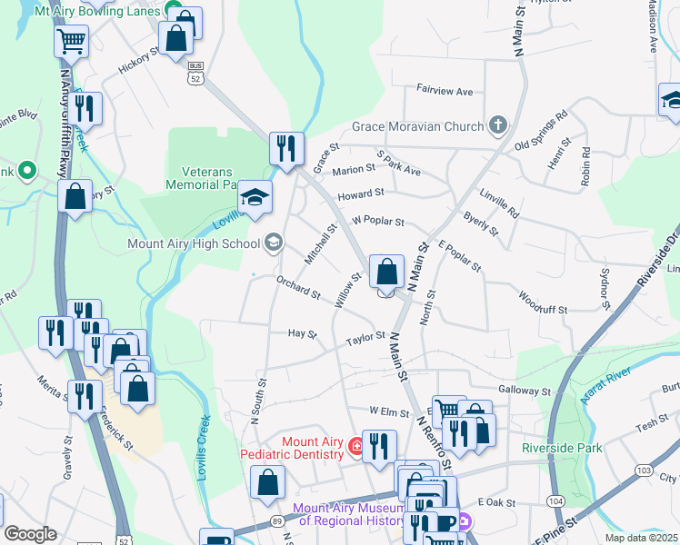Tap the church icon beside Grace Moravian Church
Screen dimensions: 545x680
pyautogui.click(x=497, y=124)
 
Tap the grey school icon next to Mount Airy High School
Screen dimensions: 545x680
pyautogui.click(x=273, y=242)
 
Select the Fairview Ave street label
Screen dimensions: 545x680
pyautogui.click(x=445, y=92)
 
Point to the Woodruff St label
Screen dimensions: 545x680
pyautogui.click(x=543, y=302)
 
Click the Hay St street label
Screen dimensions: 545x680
pyautogui.click(x=302, y=334)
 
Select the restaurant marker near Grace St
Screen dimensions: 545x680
pyautogui.click(x=287, y=147)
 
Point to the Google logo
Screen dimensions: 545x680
pyautogui.click(x=30, y=535)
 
